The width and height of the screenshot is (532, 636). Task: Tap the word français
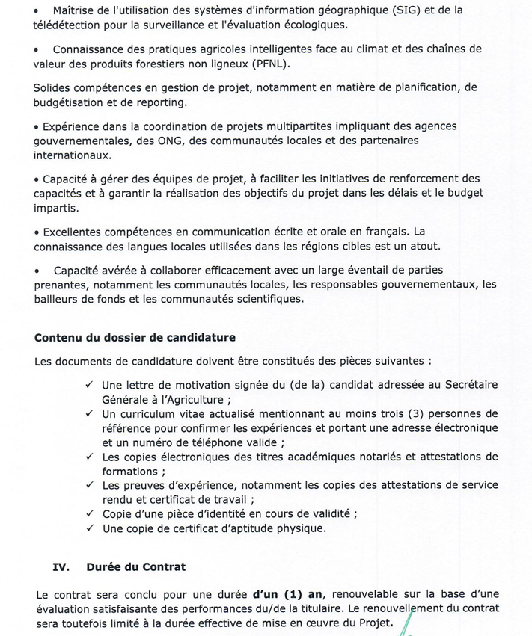click(385, 232)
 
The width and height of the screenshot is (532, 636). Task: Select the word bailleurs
click(58, 299)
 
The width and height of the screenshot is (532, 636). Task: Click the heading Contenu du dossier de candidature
click(135, 338)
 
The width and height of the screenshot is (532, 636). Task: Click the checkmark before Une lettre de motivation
click(89, 385)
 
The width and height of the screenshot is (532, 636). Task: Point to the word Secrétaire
click(466, 385)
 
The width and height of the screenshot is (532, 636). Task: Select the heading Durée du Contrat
click(135, 567)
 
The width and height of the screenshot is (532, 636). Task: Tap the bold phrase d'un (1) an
click(288, 596)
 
